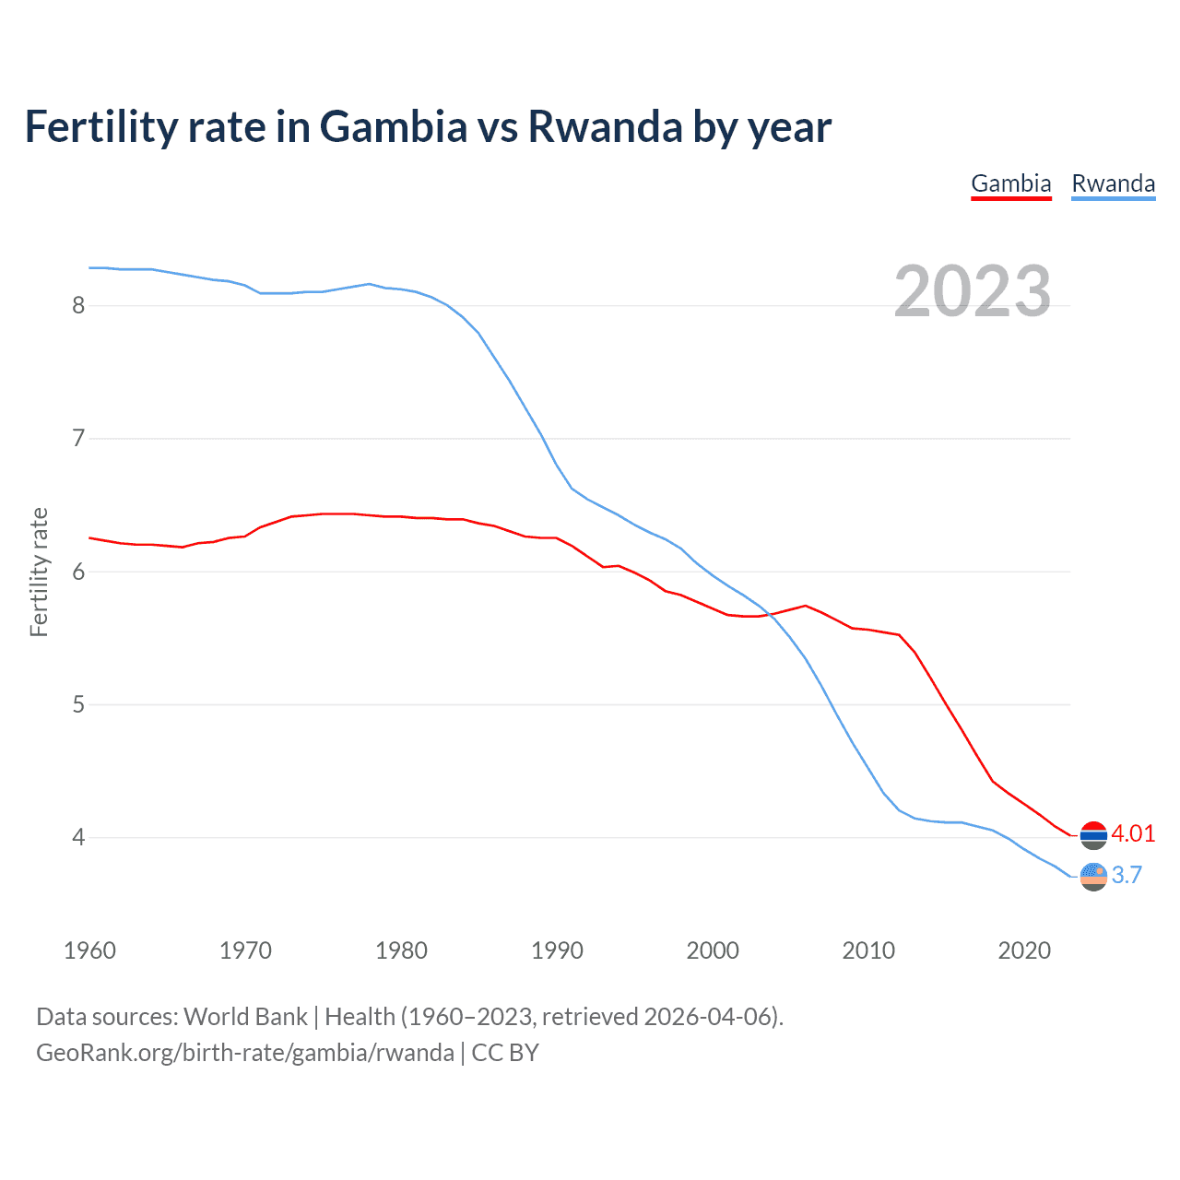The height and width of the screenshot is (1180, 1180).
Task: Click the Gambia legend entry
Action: [1011, 183]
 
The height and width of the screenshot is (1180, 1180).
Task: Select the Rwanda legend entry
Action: [1113, 183]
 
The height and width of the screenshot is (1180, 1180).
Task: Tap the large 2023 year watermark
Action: [973, 291]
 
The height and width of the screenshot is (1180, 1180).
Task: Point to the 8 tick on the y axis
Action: [78, 305]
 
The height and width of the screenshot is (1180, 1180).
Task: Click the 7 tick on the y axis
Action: [78, 438]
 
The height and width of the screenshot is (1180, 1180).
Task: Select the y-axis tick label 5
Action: [78, 704]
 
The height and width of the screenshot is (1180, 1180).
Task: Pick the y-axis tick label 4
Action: [78, 837]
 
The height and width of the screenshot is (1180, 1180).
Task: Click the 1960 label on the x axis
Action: [89, 950]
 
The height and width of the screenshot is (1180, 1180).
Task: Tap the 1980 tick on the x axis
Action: [401, 950]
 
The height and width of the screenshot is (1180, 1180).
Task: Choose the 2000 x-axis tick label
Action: [713, 950]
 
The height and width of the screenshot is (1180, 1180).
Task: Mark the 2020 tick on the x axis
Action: [1024, 950]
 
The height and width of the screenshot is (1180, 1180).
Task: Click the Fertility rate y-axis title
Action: [39, 572]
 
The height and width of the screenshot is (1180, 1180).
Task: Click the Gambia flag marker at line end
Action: [1093, 834]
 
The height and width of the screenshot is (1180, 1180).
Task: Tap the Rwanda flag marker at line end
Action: [1093, 876]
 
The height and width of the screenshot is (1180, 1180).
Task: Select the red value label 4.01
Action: [1133, 833]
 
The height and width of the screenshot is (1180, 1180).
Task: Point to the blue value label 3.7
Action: [1127, 875]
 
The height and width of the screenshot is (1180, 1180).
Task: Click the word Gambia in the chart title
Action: [394, 126]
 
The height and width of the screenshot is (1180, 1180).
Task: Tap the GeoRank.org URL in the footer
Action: [244, 1053]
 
